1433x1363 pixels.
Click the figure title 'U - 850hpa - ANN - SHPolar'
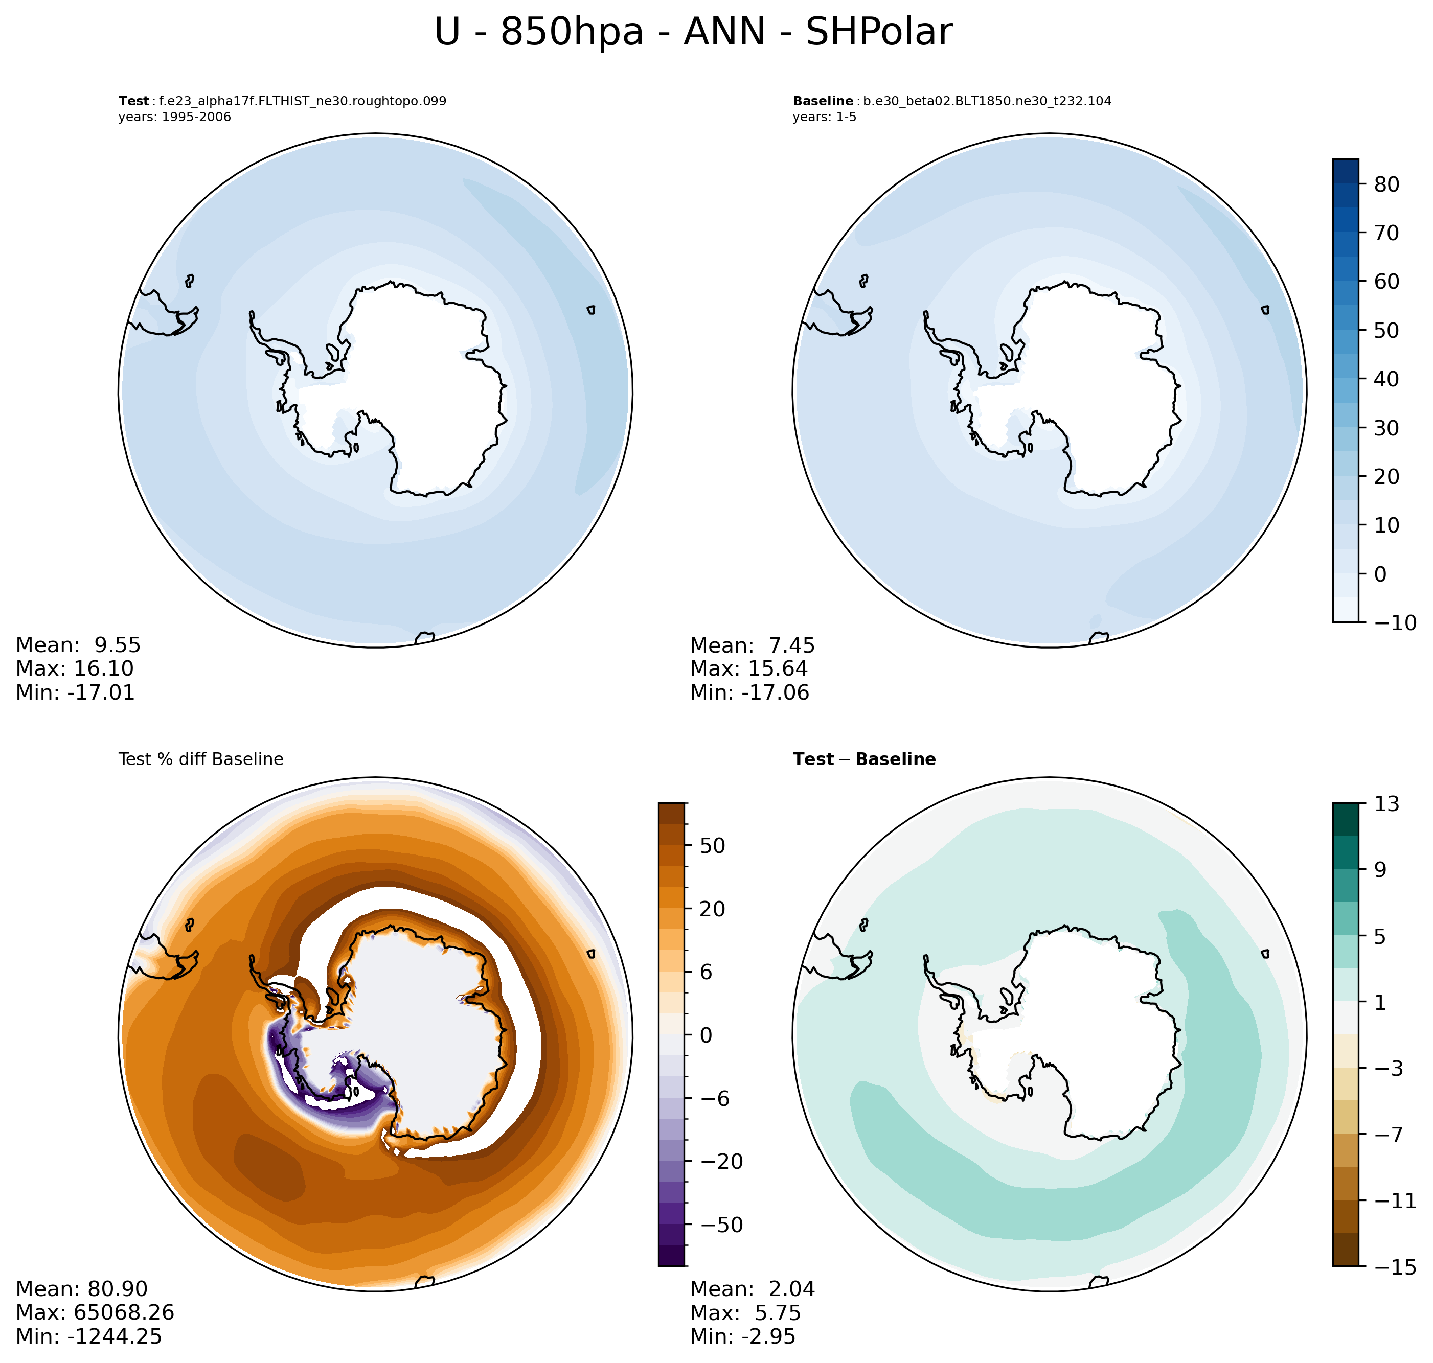[x=693, y=33]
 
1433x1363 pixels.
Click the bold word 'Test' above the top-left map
[x=134, y=101]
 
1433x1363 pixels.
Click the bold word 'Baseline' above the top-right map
[x=823, y=101]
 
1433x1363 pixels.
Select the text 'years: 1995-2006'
[x=174, y=117]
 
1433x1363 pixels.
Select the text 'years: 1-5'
[x=824, y=117]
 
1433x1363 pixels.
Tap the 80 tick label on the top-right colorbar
[x=1386, y=184]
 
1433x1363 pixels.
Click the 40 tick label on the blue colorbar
[x=1386, y=379]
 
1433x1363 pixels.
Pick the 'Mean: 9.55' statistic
[x=78, y=645]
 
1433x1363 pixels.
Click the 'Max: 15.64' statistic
[x=748, y=668]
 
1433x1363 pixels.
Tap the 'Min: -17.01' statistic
[x=75, y=692]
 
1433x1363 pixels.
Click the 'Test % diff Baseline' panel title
[x=200, y=759]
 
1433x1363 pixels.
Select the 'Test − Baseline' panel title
[x=864, y=759]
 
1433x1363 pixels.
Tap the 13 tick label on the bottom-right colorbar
[x=1386, y=803]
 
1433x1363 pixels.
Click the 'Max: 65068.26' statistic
[x=95, y=1312]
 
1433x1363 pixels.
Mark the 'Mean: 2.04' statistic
[x=752, y=1289]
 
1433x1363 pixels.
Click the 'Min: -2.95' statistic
[x=743, y=1336]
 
